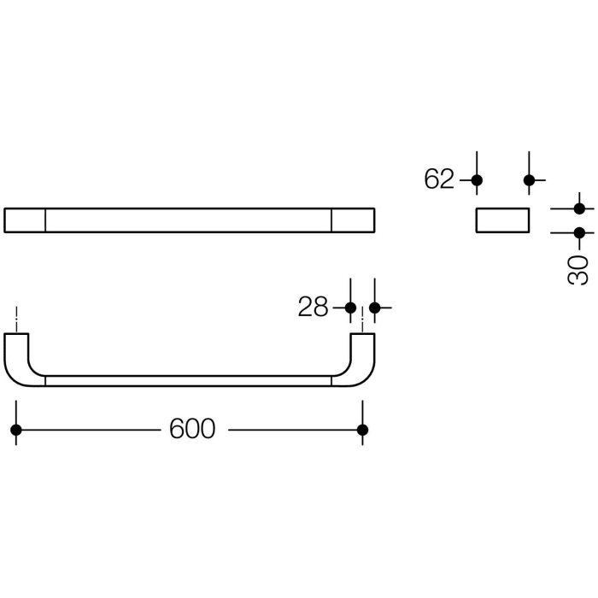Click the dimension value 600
pos(192,429)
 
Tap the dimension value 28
pos(313,308)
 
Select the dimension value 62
pos(439,179)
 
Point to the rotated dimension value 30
pos(578,269)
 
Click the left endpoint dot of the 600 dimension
pos(15,430)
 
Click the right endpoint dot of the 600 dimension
pos(362,430)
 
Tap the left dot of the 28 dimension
pos(349,308)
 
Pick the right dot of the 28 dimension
pos(374,308)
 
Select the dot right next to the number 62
pos(477,180)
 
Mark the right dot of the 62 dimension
pos(529,180)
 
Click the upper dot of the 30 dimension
pos(579,208)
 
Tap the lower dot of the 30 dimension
pos(579,232)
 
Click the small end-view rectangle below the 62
pos(502,220)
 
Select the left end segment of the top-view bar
pos(24,220)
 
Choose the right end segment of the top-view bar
pos(353,220)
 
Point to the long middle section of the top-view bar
pos(188,220)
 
